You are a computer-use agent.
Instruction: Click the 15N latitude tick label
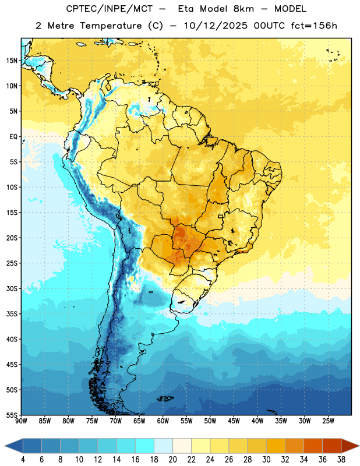(x=12, y=61)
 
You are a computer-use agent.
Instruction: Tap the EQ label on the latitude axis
(x=13, y=137)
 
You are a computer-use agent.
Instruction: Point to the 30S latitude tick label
(x=12, y=288)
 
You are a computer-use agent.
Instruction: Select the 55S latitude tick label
(x=12, y=415)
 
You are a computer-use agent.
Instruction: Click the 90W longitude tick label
(x=21, y=421)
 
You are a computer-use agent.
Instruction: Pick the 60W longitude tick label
(x=163, y=421)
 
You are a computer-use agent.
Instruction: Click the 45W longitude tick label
(x=234, y=421)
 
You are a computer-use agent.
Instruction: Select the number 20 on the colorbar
(x=172, y=460)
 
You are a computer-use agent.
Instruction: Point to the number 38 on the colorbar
(x=341, y=460)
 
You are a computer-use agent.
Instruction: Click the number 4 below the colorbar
(x=23, y=460)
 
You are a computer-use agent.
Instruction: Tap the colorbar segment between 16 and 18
(x=145, y=446)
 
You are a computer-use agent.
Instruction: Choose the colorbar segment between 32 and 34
(x=294, y=446)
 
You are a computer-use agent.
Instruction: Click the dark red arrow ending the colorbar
(x=350, y=446)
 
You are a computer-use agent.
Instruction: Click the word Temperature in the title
(x=111, y=26)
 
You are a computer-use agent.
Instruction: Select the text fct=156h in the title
(x=314, y=26)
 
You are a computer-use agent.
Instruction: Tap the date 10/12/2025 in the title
(x=216, y=26)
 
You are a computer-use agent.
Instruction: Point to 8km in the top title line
(x=243, y=9)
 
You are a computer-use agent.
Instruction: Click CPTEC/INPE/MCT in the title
(x=109, y=9)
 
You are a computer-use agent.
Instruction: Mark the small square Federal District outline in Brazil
(x=221, y=216)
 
